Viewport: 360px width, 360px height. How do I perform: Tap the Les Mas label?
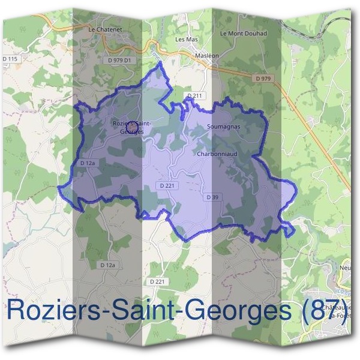[x=186, y=39]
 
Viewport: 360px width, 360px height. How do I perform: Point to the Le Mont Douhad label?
[x=244, y=34]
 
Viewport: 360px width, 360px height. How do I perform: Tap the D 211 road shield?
[x=195, y=95]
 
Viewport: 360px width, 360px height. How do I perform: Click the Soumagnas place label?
[x=223, y=127]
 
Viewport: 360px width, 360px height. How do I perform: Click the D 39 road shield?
[x=211, y=197]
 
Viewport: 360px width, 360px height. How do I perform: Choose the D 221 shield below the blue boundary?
[x=156, y=281]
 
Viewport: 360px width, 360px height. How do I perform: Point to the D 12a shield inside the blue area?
[x=88, y=163]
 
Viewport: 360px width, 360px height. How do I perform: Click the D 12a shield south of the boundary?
[x=107, y=265]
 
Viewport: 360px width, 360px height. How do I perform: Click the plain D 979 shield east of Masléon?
[x=262, y=78]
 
